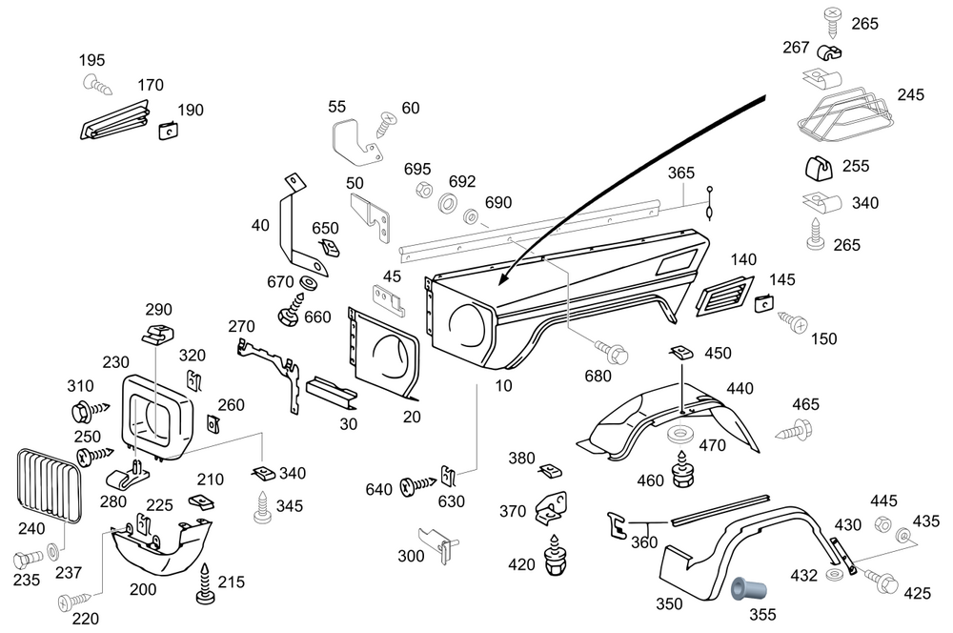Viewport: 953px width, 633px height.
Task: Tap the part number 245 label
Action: coord(911,95)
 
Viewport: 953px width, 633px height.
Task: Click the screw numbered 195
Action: coord(98,85)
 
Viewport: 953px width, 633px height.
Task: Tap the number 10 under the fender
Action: coord(503,386)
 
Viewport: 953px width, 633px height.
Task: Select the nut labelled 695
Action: coord(423,191)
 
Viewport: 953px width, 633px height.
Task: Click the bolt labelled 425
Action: coord(882,582)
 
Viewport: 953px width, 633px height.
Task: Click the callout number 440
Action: coord(740,388)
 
